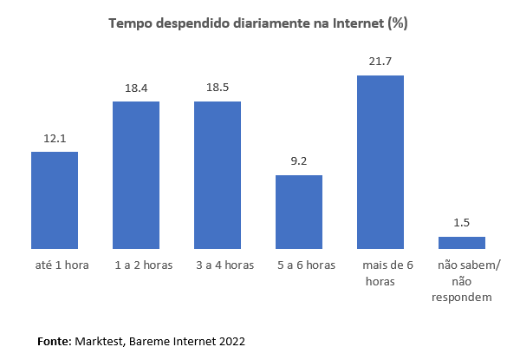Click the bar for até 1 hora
click(x=55, y=200)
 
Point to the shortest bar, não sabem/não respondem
click(x=462, y=243)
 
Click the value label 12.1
click(x=55, y=138)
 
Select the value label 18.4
click(x=136, y=88)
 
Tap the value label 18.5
click(x=218, y=88)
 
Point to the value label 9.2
click(x=299, y=160)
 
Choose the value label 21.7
click(x=380, y=62)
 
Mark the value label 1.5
click(x=462, y=222)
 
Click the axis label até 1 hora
click(x=55, y=265)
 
